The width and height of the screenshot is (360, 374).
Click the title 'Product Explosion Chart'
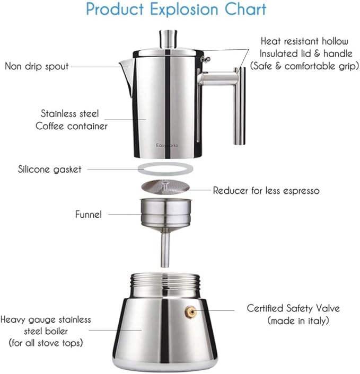(176, 10)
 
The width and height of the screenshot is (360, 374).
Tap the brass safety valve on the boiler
(189, 311)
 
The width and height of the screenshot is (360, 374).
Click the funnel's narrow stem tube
(165, 249)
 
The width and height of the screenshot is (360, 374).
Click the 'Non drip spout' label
(36, 66)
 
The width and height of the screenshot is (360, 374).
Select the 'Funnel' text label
(87, 215)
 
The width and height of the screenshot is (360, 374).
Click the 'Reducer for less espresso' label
(266, 190)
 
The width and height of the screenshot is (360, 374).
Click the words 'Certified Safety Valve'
(293, 308)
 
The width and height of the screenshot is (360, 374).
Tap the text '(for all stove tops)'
(46, 343)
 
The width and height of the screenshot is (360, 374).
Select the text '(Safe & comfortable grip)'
(304, 66)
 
